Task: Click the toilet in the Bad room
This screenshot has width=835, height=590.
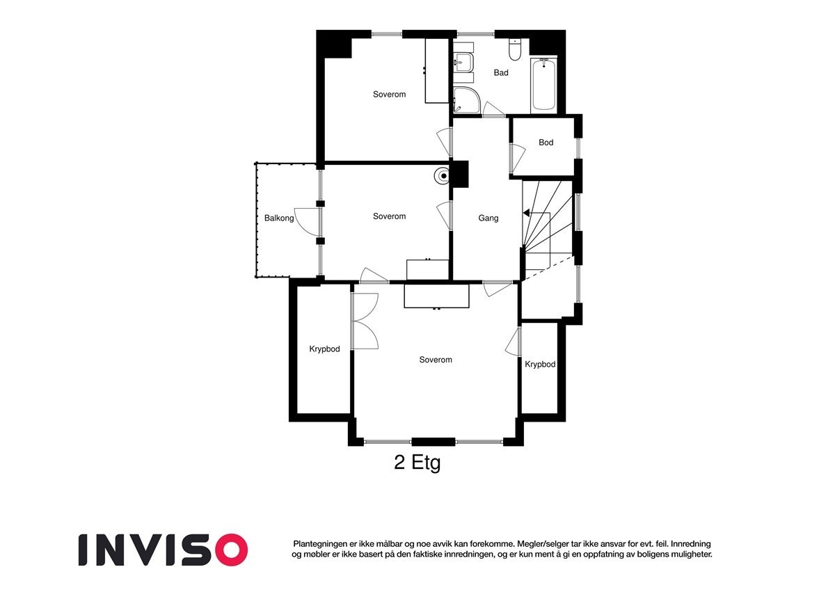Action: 515,50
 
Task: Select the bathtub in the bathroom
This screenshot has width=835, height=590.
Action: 543,85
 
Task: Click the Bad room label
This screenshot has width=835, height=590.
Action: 501,72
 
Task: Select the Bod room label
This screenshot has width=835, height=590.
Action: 546,143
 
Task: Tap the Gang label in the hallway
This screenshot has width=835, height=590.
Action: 488,218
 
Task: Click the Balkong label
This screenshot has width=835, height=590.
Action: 279,218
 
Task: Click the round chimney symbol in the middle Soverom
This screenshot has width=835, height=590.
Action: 443,176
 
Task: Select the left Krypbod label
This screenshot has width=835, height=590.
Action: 324,349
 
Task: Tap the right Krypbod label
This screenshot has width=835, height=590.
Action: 540,364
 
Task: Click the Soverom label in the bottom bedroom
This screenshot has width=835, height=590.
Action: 436,360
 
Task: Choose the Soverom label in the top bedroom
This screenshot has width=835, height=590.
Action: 389,94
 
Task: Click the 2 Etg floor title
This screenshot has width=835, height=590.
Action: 417,463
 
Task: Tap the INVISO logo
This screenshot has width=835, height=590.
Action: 163,549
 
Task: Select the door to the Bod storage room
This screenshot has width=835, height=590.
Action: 516,159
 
